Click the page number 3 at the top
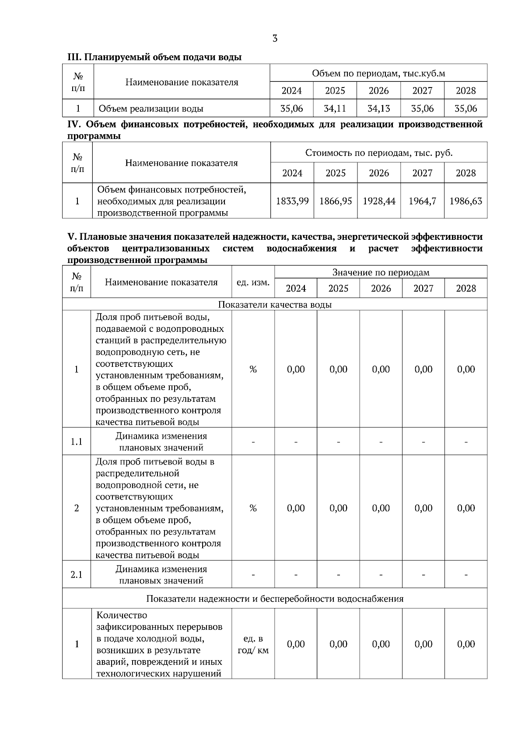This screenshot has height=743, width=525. (x=275, y=39)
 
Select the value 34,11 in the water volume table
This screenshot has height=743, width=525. (x=335, y=108)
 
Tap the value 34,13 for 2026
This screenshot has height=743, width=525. (x=378, y=108)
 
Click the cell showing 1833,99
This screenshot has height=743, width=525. (x=292, y=201)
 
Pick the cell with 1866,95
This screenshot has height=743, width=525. (x=336, y=201)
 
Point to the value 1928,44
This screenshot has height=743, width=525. (x=379, y=201)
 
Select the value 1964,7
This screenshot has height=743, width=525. (x=422, y=201)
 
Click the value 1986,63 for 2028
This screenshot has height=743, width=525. (x=465, y=201)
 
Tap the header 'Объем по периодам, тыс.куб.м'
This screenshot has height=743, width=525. (x=378, y=73)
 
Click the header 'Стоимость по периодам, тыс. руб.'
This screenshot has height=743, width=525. (x=379, y=153)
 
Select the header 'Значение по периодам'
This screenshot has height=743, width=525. (x=381, y=273)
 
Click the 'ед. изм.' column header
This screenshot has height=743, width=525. (x=253, y=282)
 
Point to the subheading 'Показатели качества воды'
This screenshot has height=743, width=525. (x=275, y=305)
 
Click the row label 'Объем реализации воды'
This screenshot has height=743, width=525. (x=151, y=109)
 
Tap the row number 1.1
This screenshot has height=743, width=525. (x=77, y=442)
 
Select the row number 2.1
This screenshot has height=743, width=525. (x=77, y=575)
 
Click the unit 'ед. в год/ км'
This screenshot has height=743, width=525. (x=253, y=644)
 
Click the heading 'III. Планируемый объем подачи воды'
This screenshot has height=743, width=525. (x=154, y=57)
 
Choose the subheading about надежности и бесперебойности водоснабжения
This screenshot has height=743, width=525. (x=275, y=599)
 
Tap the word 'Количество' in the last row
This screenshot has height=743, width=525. (x=122, y=615)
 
